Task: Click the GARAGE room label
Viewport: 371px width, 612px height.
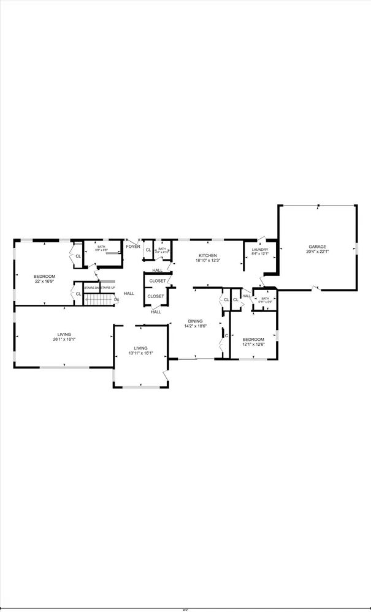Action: pyautogui.click(x=318, y=247)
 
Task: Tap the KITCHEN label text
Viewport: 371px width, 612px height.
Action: pyautogui.click(x=207, y=255)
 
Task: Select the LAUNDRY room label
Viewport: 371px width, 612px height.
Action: pyautogui.click(x=261, y=250)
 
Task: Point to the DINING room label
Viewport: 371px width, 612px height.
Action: pyautogui.click(x=195, y=321)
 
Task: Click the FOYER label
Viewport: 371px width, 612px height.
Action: pyautogui.click(x=133, y=247)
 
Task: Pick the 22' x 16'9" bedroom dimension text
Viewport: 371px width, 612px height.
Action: pyautogui.click(x=44, y=282)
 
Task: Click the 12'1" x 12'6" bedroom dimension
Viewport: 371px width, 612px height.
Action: pyautogui.click(x=253, y=345)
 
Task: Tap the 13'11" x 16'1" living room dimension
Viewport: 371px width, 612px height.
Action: pyautogui.click(x=140, y=353)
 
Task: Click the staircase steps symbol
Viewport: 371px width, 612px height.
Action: pyautogui.click(x=101, y=299)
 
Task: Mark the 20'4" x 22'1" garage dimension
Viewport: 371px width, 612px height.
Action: pyautogui.click(x=318, y=252)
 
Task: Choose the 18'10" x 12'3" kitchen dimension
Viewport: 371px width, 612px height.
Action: pyautogui.click(x=207, y=261)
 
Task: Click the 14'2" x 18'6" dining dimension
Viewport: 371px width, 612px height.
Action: pyautogui.click(x=195, y=326)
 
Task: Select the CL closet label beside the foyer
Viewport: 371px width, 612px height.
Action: pyautogui.click(x=148, y=250)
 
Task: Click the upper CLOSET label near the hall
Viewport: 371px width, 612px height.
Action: pyautogui.click(x=157, y=281)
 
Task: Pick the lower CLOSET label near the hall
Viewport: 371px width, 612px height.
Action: pyautogui.click(x=155, y=296)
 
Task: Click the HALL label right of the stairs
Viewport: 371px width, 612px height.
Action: pyautogui.click(x=129, y=293)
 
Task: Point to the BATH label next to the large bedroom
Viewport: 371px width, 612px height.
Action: pyautogui.click(x=101, y=247)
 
